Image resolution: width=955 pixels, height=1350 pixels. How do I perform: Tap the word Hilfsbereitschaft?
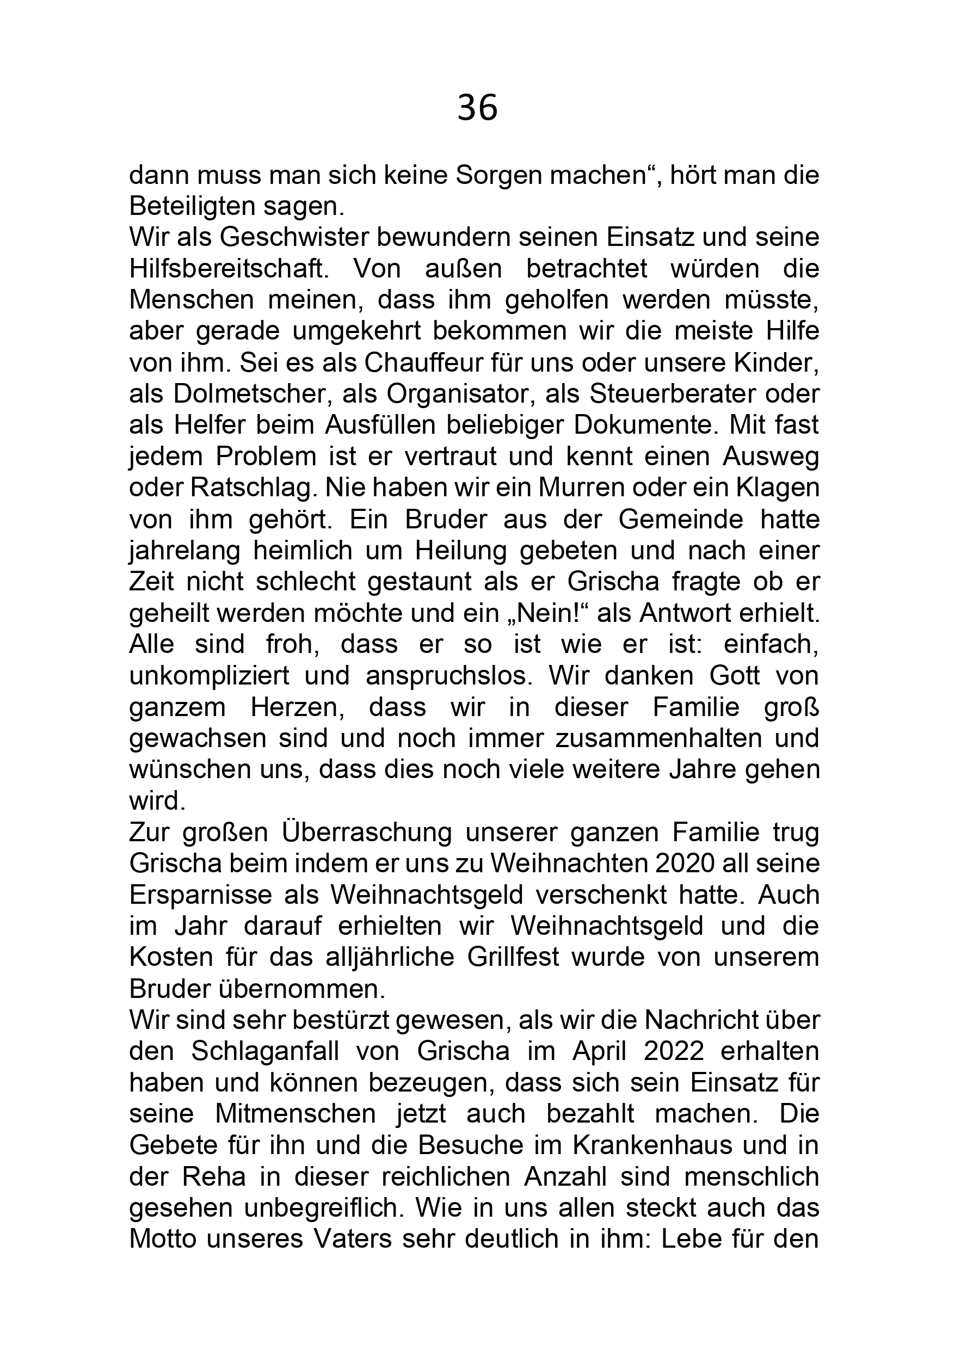pyautogui.click(x=227, y=269)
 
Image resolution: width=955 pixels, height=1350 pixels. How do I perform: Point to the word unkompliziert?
pyautogui.click(x=210, y=676)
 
